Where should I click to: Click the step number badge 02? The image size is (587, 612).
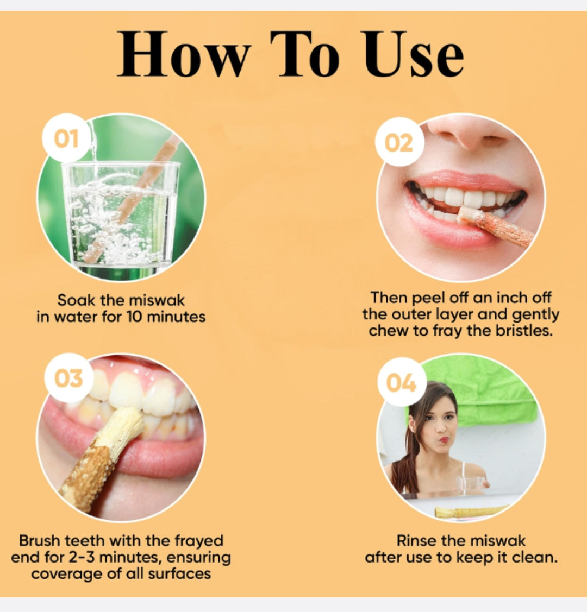coord(399,143)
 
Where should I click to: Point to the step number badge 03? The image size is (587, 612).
coord(68,378)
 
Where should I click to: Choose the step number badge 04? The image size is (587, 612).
coord(401,382)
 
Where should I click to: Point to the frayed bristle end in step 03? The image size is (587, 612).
coord(123,429)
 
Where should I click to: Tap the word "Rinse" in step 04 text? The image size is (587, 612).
coord(417,541)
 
